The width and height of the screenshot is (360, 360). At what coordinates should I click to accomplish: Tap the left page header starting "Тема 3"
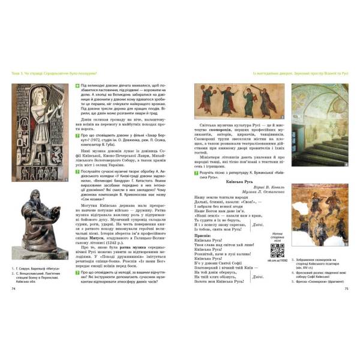pyautogui.click(x=53, y=73)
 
